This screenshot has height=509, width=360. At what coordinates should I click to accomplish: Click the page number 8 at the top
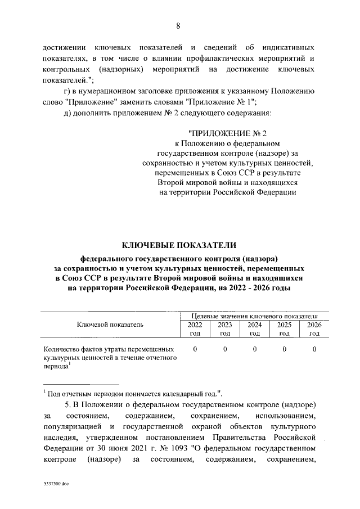click(x=179, y=26)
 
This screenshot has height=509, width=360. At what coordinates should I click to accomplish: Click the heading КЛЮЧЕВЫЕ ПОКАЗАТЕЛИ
click(x=179, y=245)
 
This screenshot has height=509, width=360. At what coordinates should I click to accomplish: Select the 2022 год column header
click(x=195, y=328)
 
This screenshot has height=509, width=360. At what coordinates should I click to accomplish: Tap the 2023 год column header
click(x=225, y=328)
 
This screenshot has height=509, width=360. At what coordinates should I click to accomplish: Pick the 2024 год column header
click(x=255, y=328)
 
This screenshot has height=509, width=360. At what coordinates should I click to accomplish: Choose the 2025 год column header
click(x=285, y=328)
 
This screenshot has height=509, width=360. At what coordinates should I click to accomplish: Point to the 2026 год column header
click(x=314, y=328)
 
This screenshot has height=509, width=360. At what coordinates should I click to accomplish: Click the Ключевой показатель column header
click(x=110, y=324)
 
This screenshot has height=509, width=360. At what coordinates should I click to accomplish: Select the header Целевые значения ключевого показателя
click(x=255, y=316)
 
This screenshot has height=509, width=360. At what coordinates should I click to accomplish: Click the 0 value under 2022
click(x=195, y=349)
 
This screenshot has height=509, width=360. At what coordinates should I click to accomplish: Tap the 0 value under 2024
click(x=255, y=349)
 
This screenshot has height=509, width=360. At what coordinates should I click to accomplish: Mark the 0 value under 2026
click(x=314, y=349)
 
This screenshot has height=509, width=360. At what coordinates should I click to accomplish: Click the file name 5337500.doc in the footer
click(x=56, y=483)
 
